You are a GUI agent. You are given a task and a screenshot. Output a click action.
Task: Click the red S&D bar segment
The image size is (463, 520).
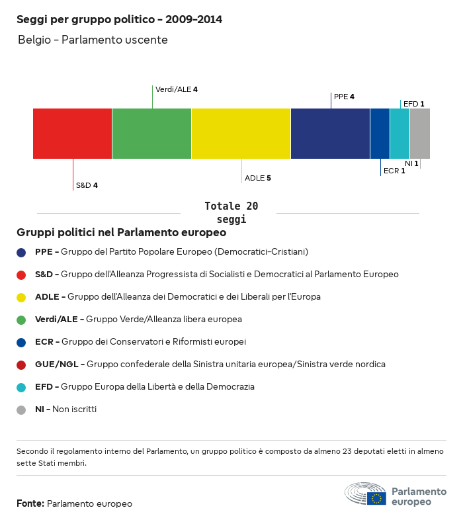72,134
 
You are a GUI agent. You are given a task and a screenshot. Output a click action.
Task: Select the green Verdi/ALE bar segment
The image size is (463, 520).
151,134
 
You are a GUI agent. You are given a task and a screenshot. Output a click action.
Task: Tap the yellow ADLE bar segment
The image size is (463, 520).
241,134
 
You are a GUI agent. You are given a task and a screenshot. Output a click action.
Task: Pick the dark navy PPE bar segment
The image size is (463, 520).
330,134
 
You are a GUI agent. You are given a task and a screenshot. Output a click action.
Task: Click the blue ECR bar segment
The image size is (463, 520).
380,134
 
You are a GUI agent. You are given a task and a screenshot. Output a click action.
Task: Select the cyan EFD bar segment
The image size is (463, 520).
400,134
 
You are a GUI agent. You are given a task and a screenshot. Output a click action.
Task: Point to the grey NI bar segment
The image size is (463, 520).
420,134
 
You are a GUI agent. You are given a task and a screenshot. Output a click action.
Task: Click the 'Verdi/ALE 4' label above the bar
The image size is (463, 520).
177,89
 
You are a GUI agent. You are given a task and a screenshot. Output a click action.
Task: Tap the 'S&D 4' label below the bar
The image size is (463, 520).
87,185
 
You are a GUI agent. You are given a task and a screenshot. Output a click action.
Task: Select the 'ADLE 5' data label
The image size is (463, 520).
258,178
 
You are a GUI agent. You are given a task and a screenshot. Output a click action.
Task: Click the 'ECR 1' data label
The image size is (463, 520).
394,171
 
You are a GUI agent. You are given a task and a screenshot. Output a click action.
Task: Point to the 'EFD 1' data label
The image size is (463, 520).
413,104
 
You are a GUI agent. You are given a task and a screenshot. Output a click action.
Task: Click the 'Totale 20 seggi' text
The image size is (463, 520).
231,213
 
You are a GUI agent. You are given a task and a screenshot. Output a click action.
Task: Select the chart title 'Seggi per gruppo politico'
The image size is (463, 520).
119,20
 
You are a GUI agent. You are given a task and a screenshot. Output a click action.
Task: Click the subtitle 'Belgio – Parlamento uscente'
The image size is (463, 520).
93,40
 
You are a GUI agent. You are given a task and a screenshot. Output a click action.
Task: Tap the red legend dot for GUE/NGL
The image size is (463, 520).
21,365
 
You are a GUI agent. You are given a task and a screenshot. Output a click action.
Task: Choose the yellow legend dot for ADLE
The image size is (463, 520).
21,297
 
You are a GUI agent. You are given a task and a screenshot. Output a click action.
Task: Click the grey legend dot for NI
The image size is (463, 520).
21,410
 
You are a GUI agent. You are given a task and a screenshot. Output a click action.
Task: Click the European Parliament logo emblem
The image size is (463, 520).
365,494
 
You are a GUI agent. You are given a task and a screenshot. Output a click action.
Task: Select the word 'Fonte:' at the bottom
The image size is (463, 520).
30,504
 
